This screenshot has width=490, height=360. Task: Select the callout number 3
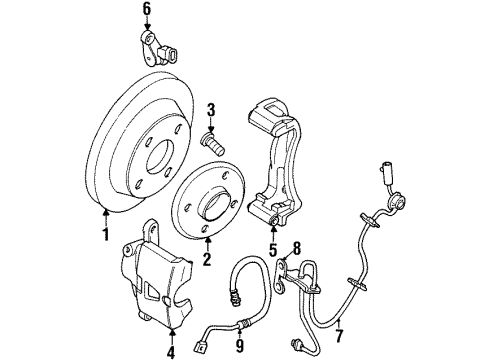coord(211,109)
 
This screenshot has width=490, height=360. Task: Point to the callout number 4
coord(171,349)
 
